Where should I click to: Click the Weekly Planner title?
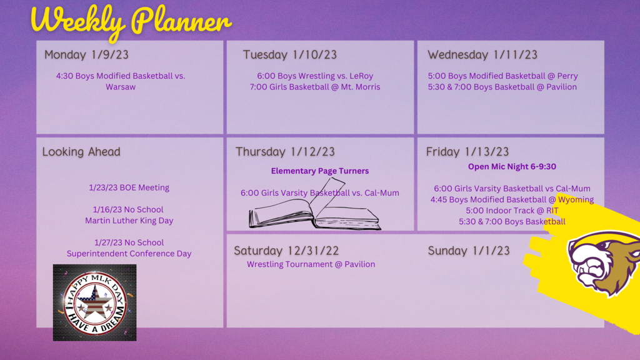[131, 21]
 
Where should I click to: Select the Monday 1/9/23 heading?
[86, 55]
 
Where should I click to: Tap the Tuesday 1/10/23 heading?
[290, 55]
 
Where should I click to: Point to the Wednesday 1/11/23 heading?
[482, 55]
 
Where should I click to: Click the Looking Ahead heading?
[81, 152]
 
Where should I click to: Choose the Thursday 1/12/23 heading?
[285, 152]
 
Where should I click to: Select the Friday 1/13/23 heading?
[467, 152]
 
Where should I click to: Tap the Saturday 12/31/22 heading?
[286, 251]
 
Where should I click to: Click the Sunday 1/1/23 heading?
[469, 251]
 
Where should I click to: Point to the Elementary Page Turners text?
[320, 171]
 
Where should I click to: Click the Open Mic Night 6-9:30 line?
[512, 166]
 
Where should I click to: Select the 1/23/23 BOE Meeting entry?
[129, 187]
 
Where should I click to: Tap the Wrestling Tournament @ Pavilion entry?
[311, 264]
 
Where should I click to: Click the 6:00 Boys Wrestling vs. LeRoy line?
[315, 76]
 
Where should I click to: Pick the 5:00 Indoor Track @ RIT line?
[512, 211]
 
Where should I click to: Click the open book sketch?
[315, 205]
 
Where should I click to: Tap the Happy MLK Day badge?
[95, 302]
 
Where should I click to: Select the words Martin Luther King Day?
[129, 221]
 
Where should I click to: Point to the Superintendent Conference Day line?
[129, 254]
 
